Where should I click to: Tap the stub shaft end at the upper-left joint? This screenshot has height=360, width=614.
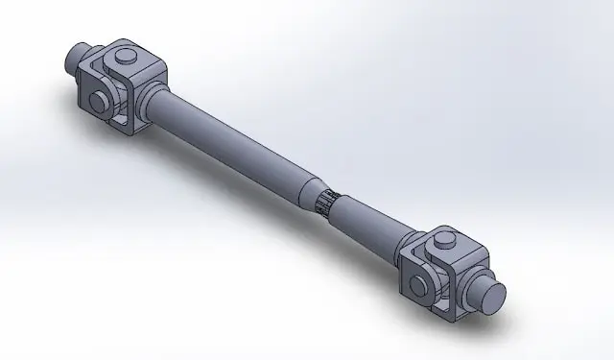(x=76, y=60)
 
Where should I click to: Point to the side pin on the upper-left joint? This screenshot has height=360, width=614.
(x=98, y=101)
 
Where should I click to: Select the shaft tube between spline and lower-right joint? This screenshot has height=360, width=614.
(x=379, y=225)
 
